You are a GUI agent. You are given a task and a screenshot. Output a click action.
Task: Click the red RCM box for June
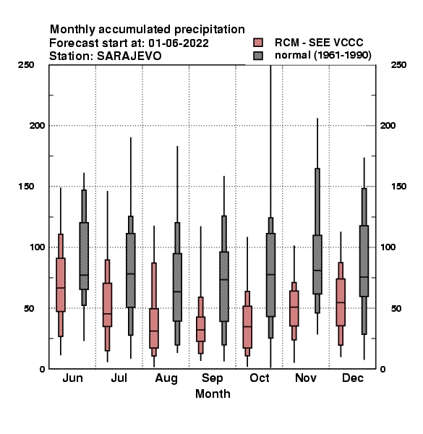tap(61, 285)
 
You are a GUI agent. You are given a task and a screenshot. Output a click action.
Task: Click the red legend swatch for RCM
tap(258, 43)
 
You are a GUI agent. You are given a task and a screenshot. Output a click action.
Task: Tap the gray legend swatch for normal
tap(258, 56)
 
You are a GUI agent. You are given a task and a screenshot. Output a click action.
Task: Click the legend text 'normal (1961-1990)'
tap(322, 56)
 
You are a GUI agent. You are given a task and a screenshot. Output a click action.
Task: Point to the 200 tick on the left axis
tap(37, 125)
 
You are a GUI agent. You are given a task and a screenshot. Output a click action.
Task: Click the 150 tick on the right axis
tap(398, 187)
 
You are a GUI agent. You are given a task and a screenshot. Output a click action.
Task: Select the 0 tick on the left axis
tap(42, 369)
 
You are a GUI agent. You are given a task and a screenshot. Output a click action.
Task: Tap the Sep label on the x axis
tap(212, 378)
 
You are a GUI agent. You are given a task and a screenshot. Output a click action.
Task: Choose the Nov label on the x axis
tap(306, 378)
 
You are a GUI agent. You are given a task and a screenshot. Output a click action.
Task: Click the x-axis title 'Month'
tap(213, 393)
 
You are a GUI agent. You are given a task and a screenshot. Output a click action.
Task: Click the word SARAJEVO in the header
tap(129, 56)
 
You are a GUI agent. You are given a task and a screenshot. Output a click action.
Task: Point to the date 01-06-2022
tap(179, 43)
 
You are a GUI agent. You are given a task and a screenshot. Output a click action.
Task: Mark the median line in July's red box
tap(107, 314)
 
